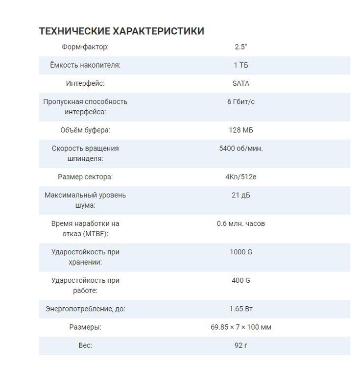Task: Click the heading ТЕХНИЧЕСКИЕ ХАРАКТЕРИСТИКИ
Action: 121,31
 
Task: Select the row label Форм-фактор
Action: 85,47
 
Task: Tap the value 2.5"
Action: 240,47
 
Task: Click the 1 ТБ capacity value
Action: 240,65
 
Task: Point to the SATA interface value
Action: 240,83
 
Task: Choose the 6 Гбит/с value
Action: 240,101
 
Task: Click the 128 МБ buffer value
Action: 240,130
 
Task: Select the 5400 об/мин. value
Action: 240,148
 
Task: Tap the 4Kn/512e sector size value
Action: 240,176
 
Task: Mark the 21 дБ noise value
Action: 240,195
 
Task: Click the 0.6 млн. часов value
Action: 240,223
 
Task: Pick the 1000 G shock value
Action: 240,252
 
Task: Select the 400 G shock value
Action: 240,280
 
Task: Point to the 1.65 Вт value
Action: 240,309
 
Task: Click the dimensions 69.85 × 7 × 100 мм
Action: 240,327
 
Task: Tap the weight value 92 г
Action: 240,345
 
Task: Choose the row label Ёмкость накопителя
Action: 85,65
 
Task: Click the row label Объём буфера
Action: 85,130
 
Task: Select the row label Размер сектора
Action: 85,176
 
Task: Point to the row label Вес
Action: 85,345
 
